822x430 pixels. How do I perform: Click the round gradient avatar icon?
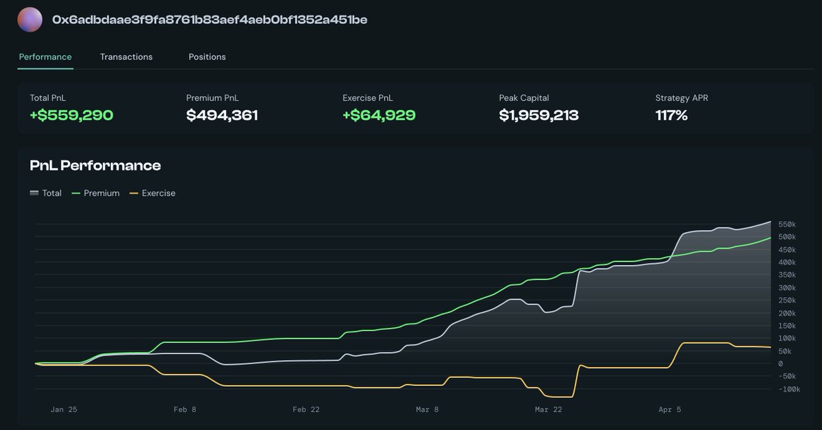point(29,20)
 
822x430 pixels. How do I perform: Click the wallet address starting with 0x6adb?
point(210,20)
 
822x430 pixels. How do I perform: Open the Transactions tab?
point(126,57)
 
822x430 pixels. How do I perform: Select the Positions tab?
point(207,57)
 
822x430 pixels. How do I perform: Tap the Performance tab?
point(45,57)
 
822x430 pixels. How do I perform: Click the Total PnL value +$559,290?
point(71,115)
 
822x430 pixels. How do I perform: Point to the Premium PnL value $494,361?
point(222,115)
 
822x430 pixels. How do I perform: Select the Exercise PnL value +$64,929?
point(379,115)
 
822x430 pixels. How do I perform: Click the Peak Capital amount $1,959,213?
point(538,115)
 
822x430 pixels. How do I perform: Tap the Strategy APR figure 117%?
point(671,115)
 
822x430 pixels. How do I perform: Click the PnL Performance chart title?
point(95,166)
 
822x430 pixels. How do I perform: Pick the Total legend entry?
point(46,193)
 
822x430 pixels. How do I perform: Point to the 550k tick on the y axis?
point(786,225)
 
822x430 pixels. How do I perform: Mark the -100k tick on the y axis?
point(788,390)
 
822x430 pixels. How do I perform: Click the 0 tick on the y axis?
point(780,364)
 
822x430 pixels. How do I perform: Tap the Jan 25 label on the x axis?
point(64,409)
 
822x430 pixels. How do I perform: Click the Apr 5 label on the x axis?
point(669,409)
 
